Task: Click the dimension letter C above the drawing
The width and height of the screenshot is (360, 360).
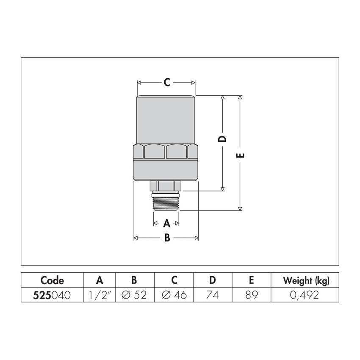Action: click(167, 82)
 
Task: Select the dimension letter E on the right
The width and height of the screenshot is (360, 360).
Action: click(240, 155)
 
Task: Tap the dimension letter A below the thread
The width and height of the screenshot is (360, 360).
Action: click(166, 223)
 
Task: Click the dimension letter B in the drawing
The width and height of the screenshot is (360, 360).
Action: click(167, 238)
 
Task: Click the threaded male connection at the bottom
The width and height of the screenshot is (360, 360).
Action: click(166, 202)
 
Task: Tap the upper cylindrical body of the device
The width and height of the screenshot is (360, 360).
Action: click(166, 120)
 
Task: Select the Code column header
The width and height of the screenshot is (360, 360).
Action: click(52, 280)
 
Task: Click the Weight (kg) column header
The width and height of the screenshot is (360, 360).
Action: click(306, 280)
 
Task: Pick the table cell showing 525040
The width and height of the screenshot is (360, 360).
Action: click(52, 295)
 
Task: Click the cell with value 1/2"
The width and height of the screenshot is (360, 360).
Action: click(100, 295)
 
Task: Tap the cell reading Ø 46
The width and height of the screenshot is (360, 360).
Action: click(174, 295)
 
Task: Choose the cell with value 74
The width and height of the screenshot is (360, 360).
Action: click(212, 295)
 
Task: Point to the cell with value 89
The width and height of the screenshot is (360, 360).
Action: click(251, 295)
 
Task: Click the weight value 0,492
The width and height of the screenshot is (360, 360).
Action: click(306, 295)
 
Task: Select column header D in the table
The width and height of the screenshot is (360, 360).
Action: click(212, 280)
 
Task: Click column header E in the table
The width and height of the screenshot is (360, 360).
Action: click(251, 280)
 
